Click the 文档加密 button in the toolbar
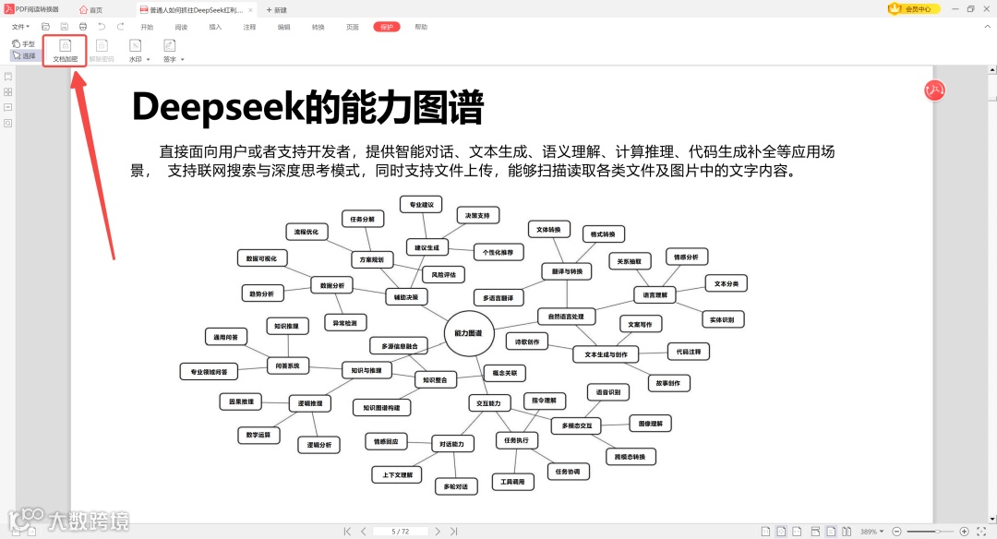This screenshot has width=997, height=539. point(65,50)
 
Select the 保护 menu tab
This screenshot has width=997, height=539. point(387,27)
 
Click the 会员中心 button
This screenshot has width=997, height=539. point(913,9)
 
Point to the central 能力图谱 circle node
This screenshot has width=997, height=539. point(469,332)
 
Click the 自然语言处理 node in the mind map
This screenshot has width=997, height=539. point(566,317)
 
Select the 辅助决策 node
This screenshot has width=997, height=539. point(406,297)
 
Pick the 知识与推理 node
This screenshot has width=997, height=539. point(366,370)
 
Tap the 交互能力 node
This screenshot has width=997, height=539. point(488,403)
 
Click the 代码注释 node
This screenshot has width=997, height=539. point(689,352)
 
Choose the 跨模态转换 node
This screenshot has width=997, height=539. point(631,456)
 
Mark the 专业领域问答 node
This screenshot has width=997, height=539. point(209,372)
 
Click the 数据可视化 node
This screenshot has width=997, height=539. point(261,258)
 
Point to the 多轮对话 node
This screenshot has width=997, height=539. point(455,486)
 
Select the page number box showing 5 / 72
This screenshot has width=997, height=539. point(401,532)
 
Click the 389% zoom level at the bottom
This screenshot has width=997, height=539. point(869,532)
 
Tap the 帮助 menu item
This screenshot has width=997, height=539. point(421,27)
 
